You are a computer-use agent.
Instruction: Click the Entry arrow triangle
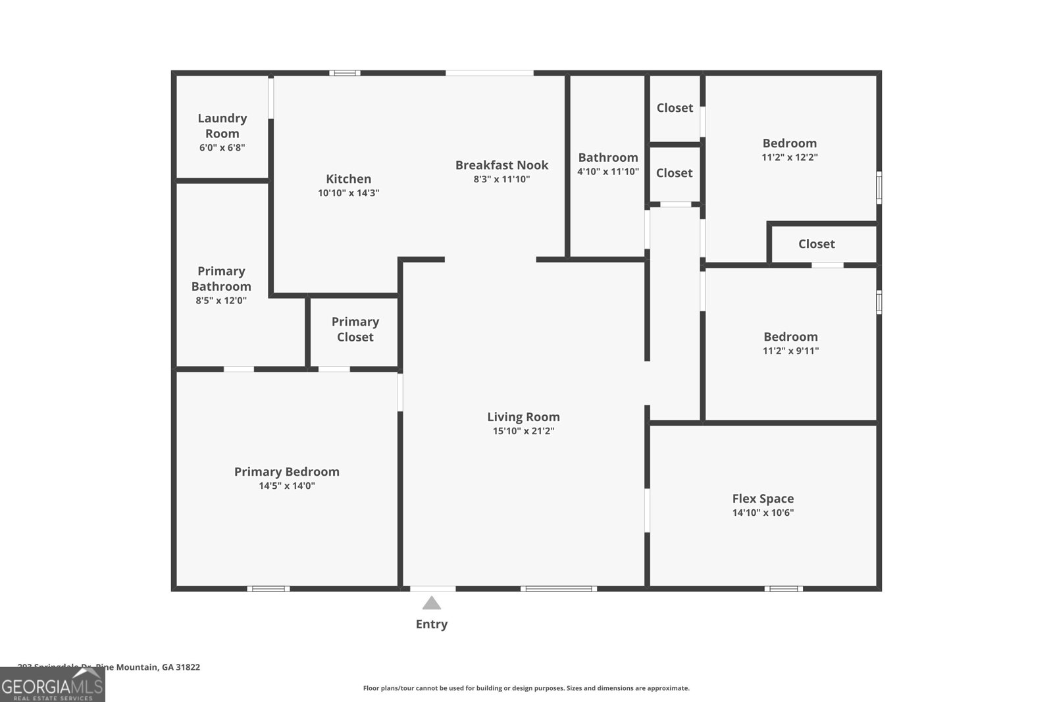click(x=431, y=603)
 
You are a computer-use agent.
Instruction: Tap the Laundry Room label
click(x=222, y=126)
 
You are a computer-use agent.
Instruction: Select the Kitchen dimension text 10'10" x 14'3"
click(x=348, y=193)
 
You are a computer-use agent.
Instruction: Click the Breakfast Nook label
click(x=501, y=165)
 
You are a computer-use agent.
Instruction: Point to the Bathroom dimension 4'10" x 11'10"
click(x=608, y=171)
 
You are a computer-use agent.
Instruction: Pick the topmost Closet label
click(x=675, y=108)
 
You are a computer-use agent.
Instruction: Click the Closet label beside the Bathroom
click(x=674, y=173)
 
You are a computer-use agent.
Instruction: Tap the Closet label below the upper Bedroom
click(x=816, y=244)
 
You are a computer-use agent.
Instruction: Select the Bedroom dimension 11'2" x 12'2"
click(x=789, y=157)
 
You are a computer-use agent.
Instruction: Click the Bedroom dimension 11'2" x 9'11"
click(x=790, y=351)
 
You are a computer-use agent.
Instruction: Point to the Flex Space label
click(x=763, y=499)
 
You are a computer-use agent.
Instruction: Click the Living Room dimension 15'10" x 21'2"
click(x=523, y=431)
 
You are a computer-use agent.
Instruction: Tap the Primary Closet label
click(x=355, y=329)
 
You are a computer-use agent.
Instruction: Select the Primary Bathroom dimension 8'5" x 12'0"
click(x=221, y=301)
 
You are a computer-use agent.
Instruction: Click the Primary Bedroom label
click(x=287, y=472)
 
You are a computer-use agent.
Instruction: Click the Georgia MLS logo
click(x=53, y=686)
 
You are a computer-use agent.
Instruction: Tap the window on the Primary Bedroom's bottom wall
click(x=269, y=588)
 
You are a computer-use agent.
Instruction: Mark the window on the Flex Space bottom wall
click(x=783, y=588)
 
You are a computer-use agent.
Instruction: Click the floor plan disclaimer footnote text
click(x=526, y=688)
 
